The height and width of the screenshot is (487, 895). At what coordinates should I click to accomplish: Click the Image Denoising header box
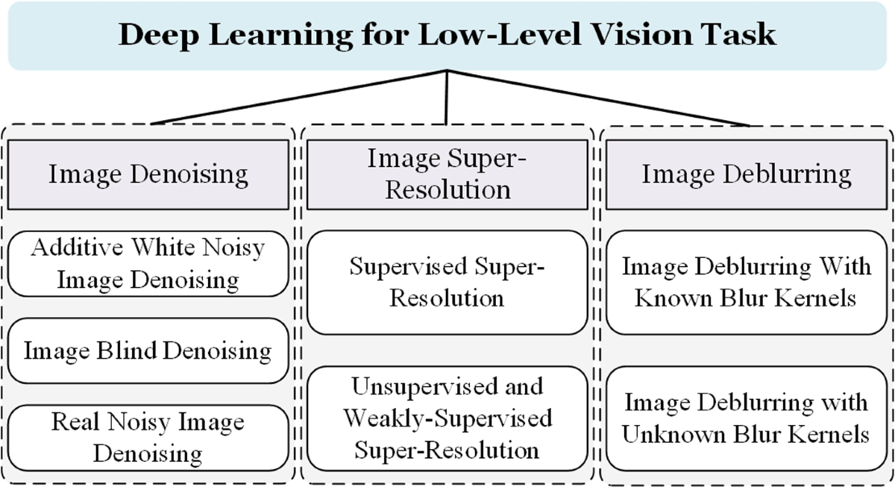click(x=148, y=175)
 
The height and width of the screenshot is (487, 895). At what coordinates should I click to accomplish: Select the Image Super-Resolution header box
click(x=447, y=175)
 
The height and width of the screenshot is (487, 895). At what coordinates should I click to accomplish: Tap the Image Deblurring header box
click(x=746, y=175)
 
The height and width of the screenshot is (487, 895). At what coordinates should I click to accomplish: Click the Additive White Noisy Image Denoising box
click(x=148, y=265)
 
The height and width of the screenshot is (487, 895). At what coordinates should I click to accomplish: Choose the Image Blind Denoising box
click(x=148, y=351)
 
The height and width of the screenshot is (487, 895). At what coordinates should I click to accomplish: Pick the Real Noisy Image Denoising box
click(x=148, y=438)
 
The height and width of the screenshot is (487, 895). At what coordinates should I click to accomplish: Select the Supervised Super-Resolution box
click(x=447, y=282)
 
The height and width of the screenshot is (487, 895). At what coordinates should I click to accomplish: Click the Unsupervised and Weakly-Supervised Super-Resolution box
click(x=447, y=418)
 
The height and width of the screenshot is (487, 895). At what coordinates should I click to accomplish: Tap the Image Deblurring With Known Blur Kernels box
click(x=746, y=282)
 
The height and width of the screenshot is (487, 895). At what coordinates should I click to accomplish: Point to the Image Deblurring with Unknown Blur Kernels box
click(x=746, y=418)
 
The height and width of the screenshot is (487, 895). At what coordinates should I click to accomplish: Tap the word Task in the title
click(x=741, y=36)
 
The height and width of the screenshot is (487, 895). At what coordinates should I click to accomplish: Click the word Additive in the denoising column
click(x=69, y=248)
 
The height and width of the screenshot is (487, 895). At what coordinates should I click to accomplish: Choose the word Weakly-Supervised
click(x=447, y=418)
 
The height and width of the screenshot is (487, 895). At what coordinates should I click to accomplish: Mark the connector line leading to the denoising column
click(x=298, y=97)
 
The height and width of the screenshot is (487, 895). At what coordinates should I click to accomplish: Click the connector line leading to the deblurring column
click(x=597, y=98)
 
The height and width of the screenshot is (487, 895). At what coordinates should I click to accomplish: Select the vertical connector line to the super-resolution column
click(x=447, y=97)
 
